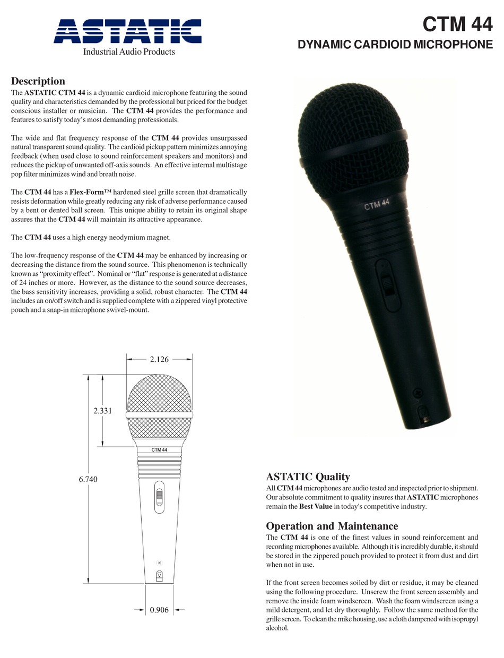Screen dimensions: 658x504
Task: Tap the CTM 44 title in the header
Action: [457, 24]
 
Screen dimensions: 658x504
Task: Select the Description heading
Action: [38, 81]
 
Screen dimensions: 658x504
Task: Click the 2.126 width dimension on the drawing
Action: [159, 359]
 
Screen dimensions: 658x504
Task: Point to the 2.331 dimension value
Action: [102, 410]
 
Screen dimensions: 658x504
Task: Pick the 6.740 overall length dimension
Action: [88, 479]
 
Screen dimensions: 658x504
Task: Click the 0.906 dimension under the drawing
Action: [159, 610]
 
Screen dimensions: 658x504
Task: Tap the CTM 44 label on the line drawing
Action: [159, 450]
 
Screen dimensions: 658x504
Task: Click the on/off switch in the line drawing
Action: [159, 497]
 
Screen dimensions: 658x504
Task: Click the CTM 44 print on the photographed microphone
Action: [377, 204]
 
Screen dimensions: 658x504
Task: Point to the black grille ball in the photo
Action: [353, 127]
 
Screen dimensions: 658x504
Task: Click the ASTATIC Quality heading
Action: [308, 477]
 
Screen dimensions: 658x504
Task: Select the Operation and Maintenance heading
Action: [332, 526]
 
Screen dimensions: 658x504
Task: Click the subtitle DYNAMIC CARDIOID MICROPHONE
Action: [395, 45]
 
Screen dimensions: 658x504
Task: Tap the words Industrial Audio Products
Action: [128, 51]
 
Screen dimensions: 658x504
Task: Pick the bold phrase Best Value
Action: [316, 506]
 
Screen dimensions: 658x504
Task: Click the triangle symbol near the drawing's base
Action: [159, 575]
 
